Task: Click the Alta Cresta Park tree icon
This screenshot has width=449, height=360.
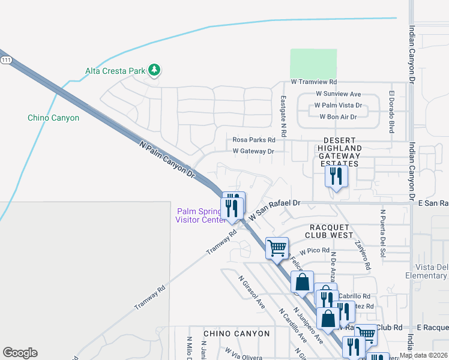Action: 155,71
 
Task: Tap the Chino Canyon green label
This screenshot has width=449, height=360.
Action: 53,118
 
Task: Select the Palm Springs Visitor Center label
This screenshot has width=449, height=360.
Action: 199,215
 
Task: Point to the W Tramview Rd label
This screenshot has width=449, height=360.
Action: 313,82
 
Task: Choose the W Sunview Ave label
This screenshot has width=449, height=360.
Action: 338,94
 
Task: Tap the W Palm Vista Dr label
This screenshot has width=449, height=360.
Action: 339,106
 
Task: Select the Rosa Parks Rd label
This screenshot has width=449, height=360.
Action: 253,140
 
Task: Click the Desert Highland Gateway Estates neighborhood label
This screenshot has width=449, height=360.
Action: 339,155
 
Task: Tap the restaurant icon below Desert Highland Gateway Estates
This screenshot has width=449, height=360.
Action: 336,176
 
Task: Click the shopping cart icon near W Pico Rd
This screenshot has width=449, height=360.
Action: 277,247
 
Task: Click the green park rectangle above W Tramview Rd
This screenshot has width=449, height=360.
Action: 313,62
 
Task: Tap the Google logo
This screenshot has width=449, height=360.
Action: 20,353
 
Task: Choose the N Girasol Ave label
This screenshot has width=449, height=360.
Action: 252,292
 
